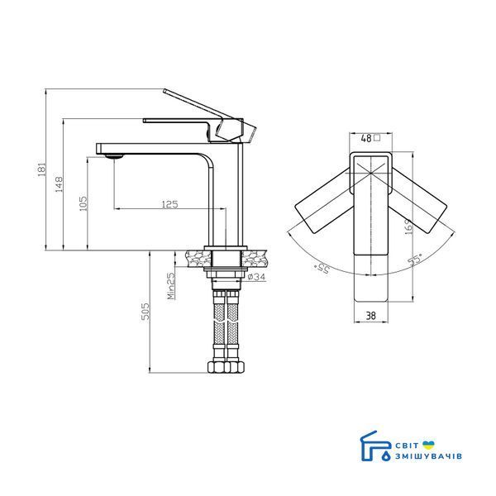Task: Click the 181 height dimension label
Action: (41, 169)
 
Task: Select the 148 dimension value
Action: (59, 184)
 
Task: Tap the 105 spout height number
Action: (83, 203)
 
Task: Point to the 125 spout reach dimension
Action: (169, 204)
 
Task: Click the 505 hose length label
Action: (145, 312)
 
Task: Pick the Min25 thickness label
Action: (171, 286)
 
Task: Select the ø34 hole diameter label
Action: (256, 277)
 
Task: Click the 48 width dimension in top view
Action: (366, 138)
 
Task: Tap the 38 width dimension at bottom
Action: (370, 316)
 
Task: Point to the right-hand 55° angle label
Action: (415, 259)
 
